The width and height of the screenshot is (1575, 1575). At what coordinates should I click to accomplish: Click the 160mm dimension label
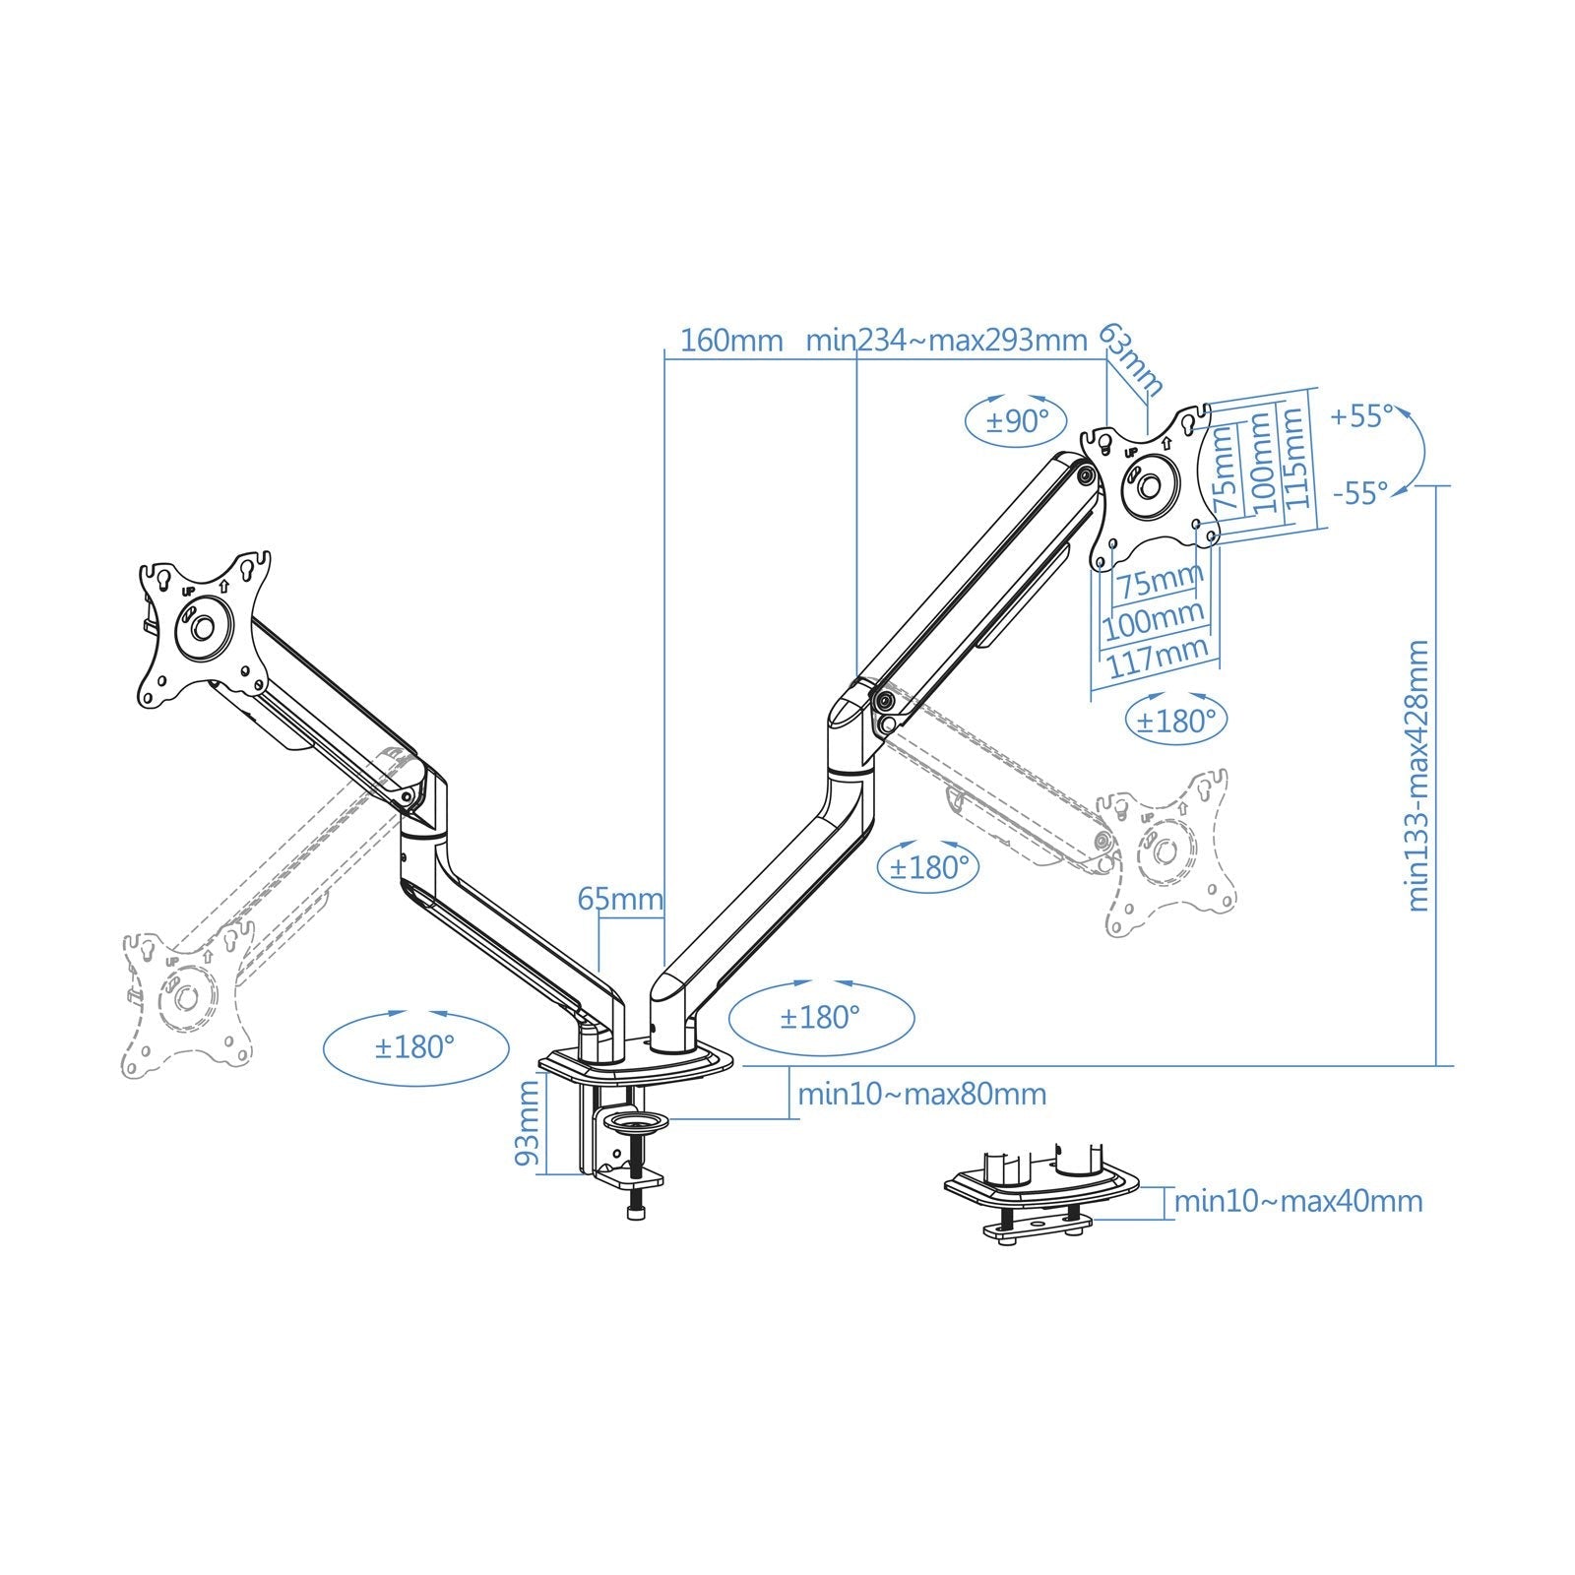click(x=731, y=341)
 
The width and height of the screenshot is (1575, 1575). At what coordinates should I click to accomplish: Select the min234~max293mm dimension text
click(x=946, y=341)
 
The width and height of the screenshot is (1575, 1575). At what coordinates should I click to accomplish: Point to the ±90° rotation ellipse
click(x=1018, y=422)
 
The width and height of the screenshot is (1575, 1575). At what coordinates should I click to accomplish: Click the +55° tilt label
click(x=1361, y=416)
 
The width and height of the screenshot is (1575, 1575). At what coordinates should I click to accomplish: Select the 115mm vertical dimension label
click(x=1296, y=457)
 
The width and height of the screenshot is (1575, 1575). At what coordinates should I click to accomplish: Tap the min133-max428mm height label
click(x=1417, y=776)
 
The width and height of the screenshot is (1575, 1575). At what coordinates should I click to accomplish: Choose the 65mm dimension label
click(x=620, y=899)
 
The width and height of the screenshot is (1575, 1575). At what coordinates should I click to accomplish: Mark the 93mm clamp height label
click(x=529, y=1123)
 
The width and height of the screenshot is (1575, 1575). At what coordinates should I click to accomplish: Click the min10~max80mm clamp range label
click(x=921, y=1094)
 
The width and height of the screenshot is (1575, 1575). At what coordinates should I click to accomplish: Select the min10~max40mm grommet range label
click(x=1298, y=1201)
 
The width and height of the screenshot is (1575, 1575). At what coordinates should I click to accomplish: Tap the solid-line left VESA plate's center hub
click(x=204, y=626)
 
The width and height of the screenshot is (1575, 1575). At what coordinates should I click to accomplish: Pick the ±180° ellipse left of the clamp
click(x=415, y=1047)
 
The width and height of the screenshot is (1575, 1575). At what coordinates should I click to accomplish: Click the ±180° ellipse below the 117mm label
click(x=1176, y=722)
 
